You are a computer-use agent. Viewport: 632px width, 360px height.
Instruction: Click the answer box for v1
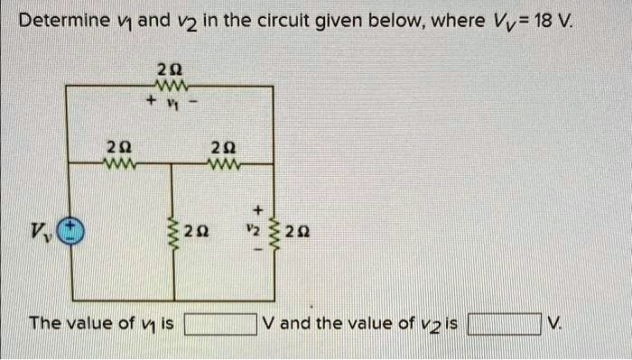[219, 323]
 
